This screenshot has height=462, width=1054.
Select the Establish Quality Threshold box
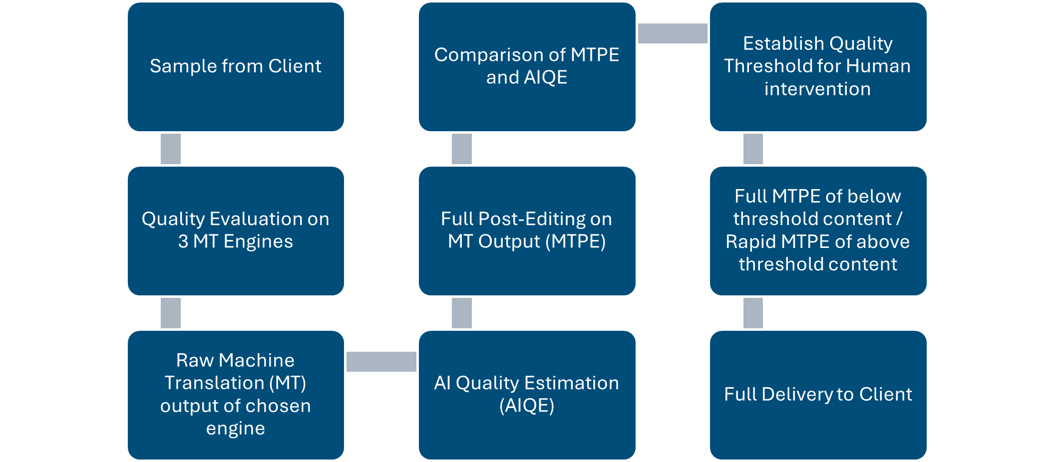coord(818,115)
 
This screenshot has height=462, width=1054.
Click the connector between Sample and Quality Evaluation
coord(171,149)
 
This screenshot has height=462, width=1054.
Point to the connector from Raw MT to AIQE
coord(381,362)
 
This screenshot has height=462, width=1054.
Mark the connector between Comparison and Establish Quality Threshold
coord(673,33)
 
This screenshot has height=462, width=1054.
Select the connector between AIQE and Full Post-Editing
coord(462,313)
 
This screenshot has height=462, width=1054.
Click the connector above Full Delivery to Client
coord(753,313)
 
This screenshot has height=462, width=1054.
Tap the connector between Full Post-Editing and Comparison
coord(462,149)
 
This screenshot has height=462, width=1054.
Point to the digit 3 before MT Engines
coord(183,241)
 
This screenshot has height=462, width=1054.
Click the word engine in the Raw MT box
coord(236,429)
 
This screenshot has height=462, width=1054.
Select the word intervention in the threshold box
coord(817,89)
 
